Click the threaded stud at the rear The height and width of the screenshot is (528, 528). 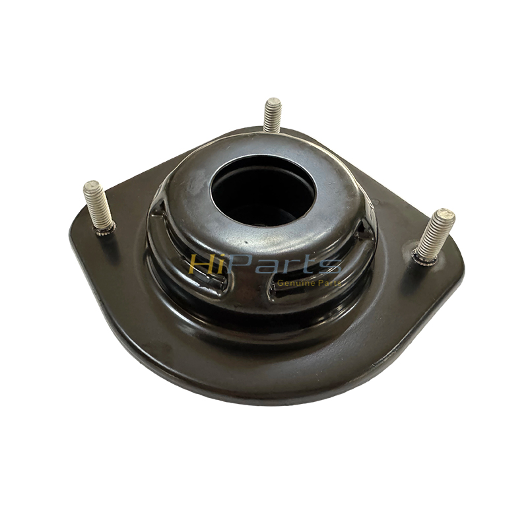click(x=272, y=115)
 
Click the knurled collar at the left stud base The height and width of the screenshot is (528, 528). click(x=104, y=228)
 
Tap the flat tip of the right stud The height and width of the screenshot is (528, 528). click(x=446, y=214)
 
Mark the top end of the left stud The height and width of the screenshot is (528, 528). click(x=90, y=187)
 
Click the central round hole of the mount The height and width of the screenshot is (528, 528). click(x=263, y=190)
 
